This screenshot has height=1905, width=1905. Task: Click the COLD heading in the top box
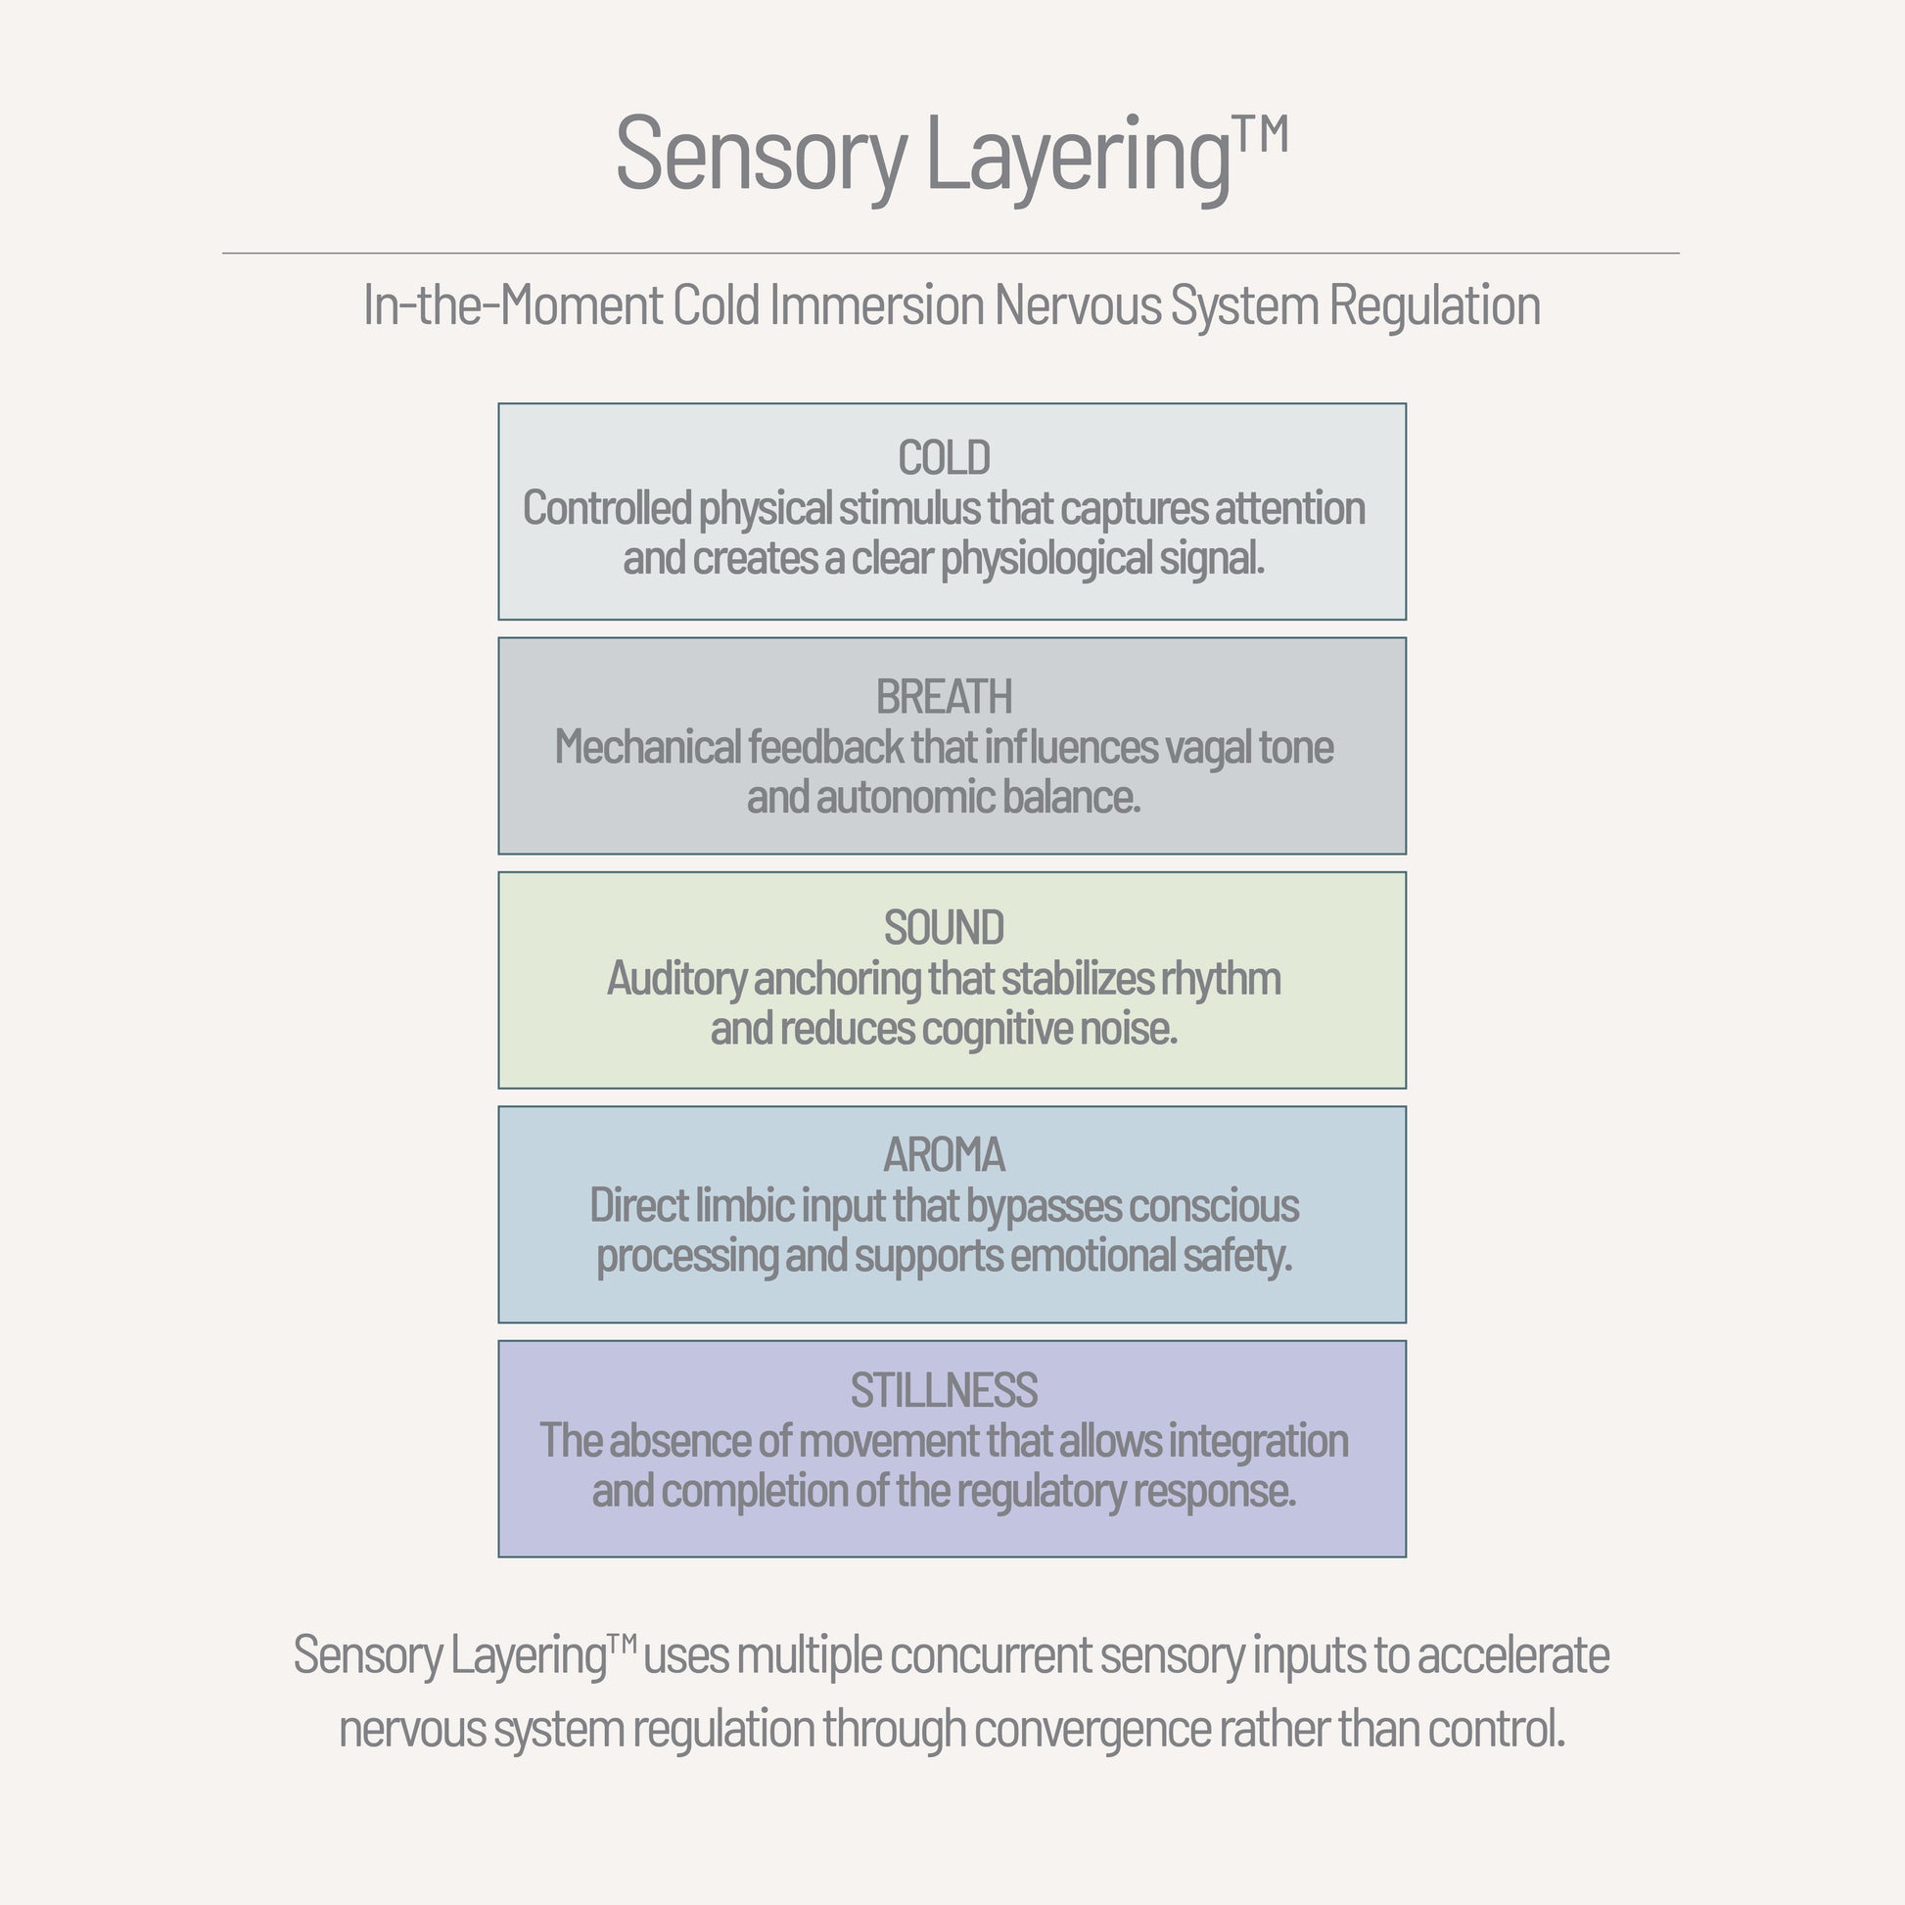pos(944,458)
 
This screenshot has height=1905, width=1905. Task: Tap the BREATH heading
pos(944,697)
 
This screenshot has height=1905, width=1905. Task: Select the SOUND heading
pos(944,928)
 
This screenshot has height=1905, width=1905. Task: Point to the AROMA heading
pos(944,1154)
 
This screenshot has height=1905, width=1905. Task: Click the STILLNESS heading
pos(944,1390)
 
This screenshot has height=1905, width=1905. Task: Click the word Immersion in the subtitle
pos(876,305)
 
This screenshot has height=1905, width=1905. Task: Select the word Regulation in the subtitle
pos(1434,305)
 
